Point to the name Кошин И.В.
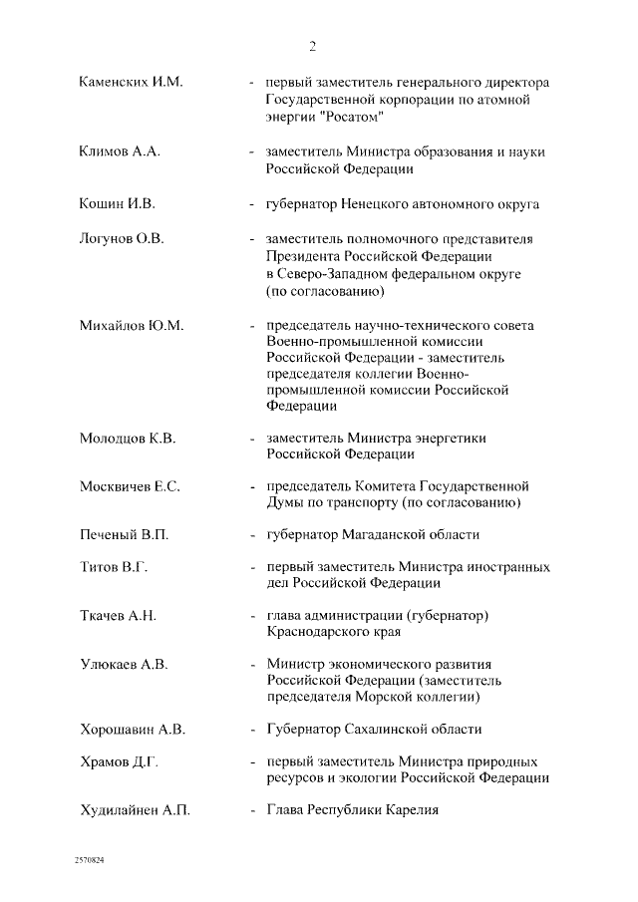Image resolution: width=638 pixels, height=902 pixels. pyautogui.click(x=117, y=204)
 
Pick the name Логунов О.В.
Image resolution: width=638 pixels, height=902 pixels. pyautogui.click(x=121, y=238)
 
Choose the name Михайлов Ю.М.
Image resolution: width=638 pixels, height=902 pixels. pyautogui.click(x=131, y=326)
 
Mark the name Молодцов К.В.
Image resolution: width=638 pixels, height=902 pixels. pyautogui.click(x=128, y=438)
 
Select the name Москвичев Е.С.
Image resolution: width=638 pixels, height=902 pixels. pyautogui.click(x=129, y=486)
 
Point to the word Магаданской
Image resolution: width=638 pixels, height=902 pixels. pyautogui.click(x=399, y=534)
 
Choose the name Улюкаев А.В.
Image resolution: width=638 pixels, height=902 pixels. pyautogui.click(x=123, y=664)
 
